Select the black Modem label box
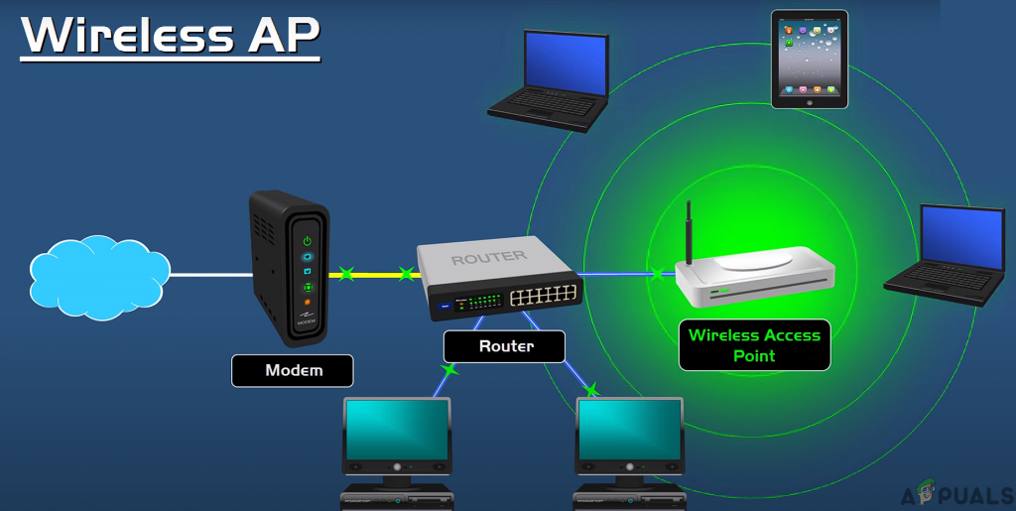click(294, 370)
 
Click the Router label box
click(505, 346)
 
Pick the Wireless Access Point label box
click(754, 345)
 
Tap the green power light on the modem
click(308, 240)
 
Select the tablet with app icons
click(810, 59)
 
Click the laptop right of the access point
click(948, 253)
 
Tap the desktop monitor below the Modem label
click(397, 436)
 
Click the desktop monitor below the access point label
click(630, 436)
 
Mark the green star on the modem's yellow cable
click(345, 273)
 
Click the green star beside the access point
click(656, 273)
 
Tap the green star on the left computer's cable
click(449, 369)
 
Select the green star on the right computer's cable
click(591, 388)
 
